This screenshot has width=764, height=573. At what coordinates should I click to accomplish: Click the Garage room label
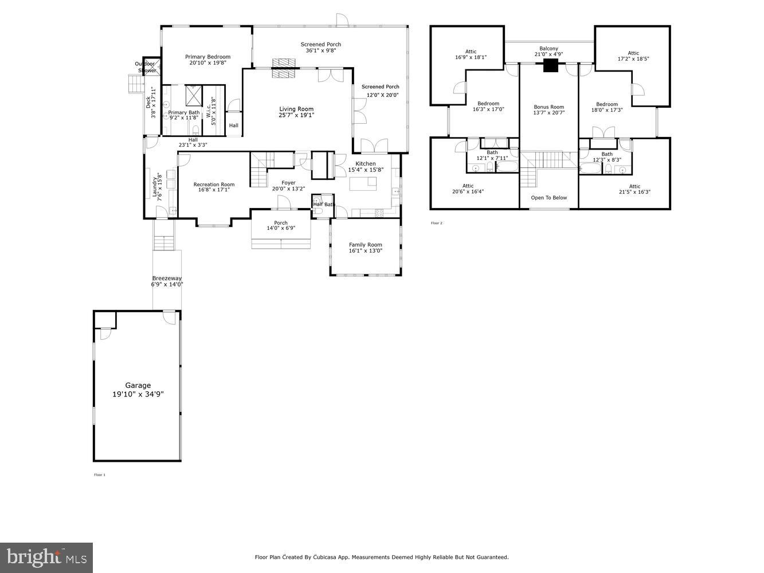pos(138,386)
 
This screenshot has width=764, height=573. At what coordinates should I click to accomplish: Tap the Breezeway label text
pos(167,278)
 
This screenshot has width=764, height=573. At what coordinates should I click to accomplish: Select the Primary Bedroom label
pos(207,57)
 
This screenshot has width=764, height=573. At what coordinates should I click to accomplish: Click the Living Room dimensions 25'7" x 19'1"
pos(296,115)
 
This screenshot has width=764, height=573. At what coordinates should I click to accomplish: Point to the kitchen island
pos(364,183)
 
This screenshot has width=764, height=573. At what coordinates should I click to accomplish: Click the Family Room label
pos(365,245)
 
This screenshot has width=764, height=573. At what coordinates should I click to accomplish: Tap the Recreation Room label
pos(214,185)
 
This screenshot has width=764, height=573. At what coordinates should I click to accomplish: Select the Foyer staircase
pos(258,170)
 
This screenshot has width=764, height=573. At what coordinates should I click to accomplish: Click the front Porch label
pos(281,223)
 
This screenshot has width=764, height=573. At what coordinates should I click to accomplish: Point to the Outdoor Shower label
pos(146,66)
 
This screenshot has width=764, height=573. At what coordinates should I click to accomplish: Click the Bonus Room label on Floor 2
pos(548,107)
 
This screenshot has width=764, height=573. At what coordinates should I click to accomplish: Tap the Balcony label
pos(548,49)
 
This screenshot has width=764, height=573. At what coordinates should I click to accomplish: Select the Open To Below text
pos(548,198)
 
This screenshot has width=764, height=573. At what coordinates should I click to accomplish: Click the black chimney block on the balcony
pos(550,66)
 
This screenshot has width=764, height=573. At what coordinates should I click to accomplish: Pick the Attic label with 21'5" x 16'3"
pos(634,186)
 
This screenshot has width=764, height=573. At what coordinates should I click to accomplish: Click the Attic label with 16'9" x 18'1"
pos(471,52)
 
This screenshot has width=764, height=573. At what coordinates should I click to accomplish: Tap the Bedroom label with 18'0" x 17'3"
pos(607,104)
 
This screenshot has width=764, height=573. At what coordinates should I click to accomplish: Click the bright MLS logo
pos(46,558)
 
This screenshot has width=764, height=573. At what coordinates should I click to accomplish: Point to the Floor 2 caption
pos(436,223)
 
